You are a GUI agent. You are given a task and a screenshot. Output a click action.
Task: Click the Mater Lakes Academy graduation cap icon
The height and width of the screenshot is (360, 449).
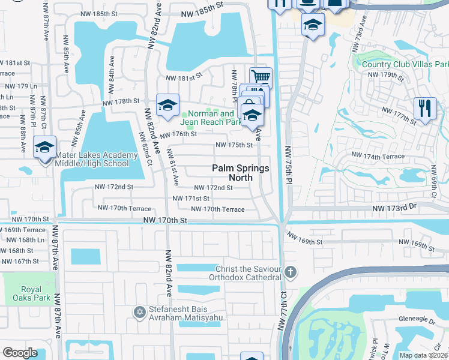pos(45,146)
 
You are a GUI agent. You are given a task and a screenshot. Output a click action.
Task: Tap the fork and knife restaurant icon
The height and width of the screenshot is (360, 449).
pos(424,109)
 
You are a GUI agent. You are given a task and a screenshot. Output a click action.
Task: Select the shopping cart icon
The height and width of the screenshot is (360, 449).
pos(261,77)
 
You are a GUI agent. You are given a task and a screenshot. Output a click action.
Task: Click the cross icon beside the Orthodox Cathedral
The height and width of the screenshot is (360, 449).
pos(291,272)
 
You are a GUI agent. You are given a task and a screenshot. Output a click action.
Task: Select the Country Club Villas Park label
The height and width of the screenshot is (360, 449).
pos(405,64)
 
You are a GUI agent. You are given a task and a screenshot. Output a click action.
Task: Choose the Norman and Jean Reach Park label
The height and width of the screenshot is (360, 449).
pos(211,118)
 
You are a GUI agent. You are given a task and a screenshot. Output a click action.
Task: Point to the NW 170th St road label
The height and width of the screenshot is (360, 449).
pos(165,221)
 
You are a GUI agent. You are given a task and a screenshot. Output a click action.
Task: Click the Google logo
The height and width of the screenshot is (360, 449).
pos(20,353)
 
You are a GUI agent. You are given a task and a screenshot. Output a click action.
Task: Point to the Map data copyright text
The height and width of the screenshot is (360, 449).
pos(423,355)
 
